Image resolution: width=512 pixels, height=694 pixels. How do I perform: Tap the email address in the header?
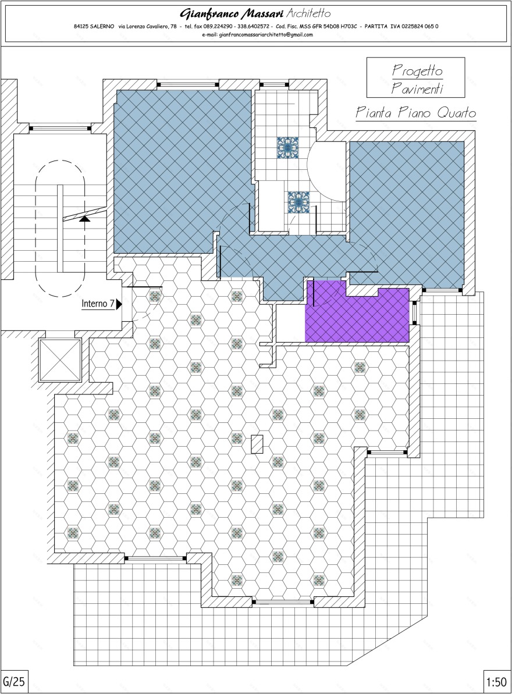[x=257, y=35]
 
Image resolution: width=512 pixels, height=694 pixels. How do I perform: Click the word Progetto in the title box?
[x=417, y=71]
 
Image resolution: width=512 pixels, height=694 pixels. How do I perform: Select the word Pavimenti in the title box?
[x=417, y=88]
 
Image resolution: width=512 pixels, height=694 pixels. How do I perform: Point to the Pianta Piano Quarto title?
[x=415, y=113]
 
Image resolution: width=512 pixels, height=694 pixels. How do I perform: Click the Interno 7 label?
[x=97, y=304]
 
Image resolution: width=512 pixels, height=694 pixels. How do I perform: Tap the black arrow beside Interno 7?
[x=119, y=304]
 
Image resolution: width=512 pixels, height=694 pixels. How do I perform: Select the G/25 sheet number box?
[x=14, y=681]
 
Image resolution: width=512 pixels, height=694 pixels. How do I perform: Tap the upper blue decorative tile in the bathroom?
[x=287, y=148]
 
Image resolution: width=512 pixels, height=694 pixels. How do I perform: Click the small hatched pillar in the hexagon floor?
[x=257, y=444]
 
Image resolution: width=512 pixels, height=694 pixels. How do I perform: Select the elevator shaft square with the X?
[x=59, y=360]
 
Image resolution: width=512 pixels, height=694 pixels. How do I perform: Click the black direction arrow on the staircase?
[x=85, y=218]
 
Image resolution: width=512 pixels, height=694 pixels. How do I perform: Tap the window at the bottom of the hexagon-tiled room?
[x=284, y=602]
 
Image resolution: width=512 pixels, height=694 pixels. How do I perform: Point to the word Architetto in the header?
[x=310, y=13]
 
